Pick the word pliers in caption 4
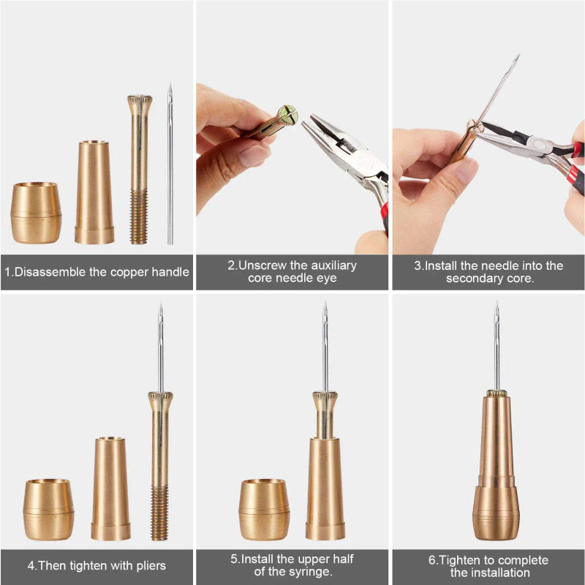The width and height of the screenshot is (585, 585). [x=148, y=565]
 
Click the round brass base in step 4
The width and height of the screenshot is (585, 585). [x=48, y=509]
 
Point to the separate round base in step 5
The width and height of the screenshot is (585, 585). [x=265, y=509]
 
